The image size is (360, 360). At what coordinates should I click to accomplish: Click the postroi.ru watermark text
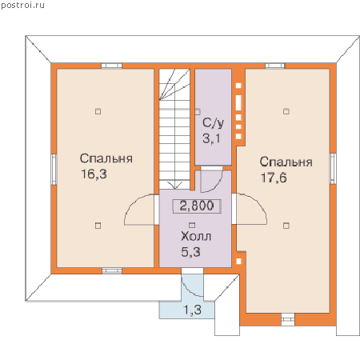tap(22, 6)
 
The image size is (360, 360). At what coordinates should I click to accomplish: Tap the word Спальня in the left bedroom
tap(106, 158)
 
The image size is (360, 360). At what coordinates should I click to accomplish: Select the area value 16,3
tap(94, 174)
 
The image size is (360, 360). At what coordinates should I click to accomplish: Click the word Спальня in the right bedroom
tap(286, 162)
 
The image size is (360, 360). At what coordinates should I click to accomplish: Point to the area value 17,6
tap(274, 178)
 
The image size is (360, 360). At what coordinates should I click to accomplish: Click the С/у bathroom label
tap(213, 123)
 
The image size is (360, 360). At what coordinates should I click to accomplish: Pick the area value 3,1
tap(211, 138)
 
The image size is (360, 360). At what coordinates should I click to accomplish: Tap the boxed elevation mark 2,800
tap(197, 206)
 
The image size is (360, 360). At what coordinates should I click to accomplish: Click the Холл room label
tap(196, 237)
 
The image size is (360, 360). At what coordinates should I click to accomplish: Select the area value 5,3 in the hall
tap(191, 252)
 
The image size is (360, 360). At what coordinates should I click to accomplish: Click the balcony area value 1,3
tap(192, 310)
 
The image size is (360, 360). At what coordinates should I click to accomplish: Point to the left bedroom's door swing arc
tap(130, 204)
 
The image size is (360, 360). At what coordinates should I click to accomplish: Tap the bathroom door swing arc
tap(218, 186)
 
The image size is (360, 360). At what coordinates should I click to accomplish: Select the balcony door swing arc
tap(188, 290)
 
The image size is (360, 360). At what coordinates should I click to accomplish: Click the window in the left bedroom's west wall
tap(54, 170)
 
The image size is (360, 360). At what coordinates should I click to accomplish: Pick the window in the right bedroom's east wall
tap(333, 169)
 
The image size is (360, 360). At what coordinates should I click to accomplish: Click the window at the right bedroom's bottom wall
tap(288, 319)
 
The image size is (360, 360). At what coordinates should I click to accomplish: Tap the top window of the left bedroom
tap(112, 66)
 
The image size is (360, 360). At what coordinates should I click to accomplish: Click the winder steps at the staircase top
tap(174, 84)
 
